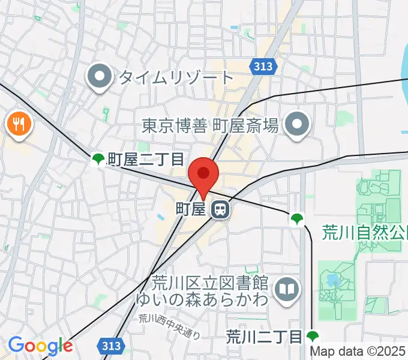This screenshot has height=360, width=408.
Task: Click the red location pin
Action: coord(203,175)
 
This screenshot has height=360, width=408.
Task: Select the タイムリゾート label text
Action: coord(175,77)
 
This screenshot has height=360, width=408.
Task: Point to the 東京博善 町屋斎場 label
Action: coord(211,125)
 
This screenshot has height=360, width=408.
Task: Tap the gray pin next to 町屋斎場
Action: coord(296,125)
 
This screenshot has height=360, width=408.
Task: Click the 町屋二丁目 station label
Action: coord(145,159)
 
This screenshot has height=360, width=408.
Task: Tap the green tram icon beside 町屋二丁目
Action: coord(98,159)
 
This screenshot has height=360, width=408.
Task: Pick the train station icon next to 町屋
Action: coord(220,209)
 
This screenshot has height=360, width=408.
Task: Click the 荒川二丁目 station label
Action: coord(264,337)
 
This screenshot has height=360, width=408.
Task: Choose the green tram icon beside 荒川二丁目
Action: coord(313,336)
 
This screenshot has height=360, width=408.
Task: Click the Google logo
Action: coord(40,346)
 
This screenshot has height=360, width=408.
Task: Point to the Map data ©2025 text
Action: coord(358,352)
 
